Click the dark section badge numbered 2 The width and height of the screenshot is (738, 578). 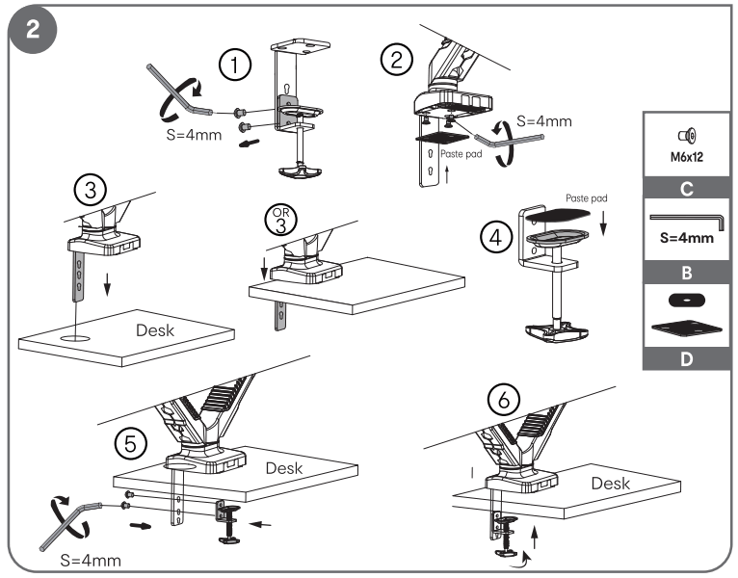click(32, 29)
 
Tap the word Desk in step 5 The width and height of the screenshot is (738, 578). click(284, 469)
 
